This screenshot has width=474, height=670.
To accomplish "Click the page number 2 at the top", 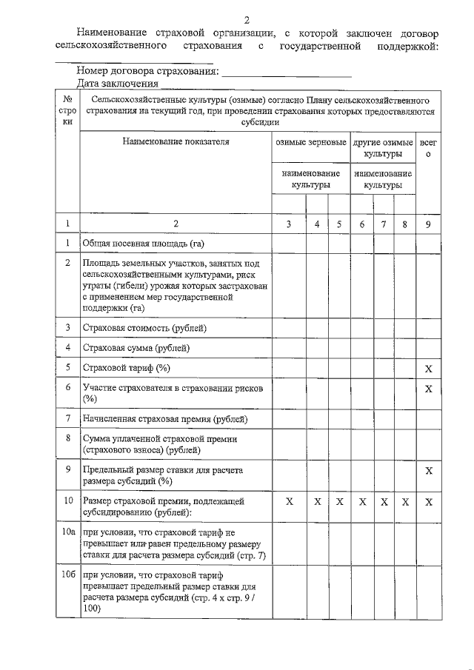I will tap(247, 19).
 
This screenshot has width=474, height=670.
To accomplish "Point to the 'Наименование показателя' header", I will tap(176, 141).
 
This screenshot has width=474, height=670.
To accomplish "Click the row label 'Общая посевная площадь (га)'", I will tap(143, 243).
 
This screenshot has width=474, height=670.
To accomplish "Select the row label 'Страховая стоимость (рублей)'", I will tap(145, 327).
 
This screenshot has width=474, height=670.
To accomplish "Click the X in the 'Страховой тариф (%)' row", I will tap(428, 368).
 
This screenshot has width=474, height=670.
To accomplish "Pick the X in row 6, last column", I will tap(428, 389).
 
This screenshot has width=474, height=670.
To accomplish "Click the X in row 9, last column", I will tap(428, 470).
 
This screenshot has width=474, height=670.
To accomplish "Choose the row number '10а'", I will tap(68, 532).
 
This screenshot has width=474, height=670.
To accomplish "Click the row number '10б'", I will tap(68, 574).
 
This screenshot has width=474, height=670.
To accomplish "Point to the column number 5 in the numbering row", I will tap(338, 223).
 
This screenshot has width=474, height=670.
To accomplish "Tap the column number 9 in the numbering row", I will tap(428, 223).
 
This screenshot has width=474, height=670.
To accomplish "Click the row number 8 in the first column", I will tap(68, 438).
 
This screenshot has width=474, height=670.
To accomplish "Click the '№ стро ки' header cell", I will tap(67, 110).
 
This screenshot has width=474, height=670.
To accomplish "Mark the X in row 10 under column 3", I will tap(290, 501).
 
